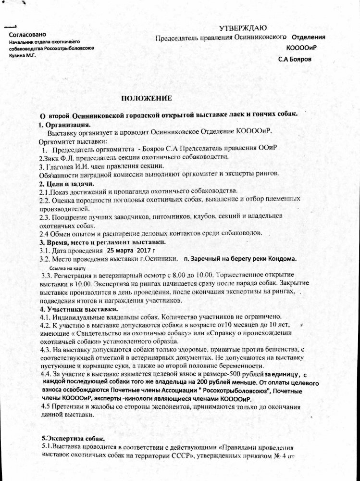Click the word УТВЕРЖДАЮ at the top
pyautogui.click(x=244, y=29)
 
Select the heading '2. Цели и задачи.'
pyautogui.click(x=66, y=184)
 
